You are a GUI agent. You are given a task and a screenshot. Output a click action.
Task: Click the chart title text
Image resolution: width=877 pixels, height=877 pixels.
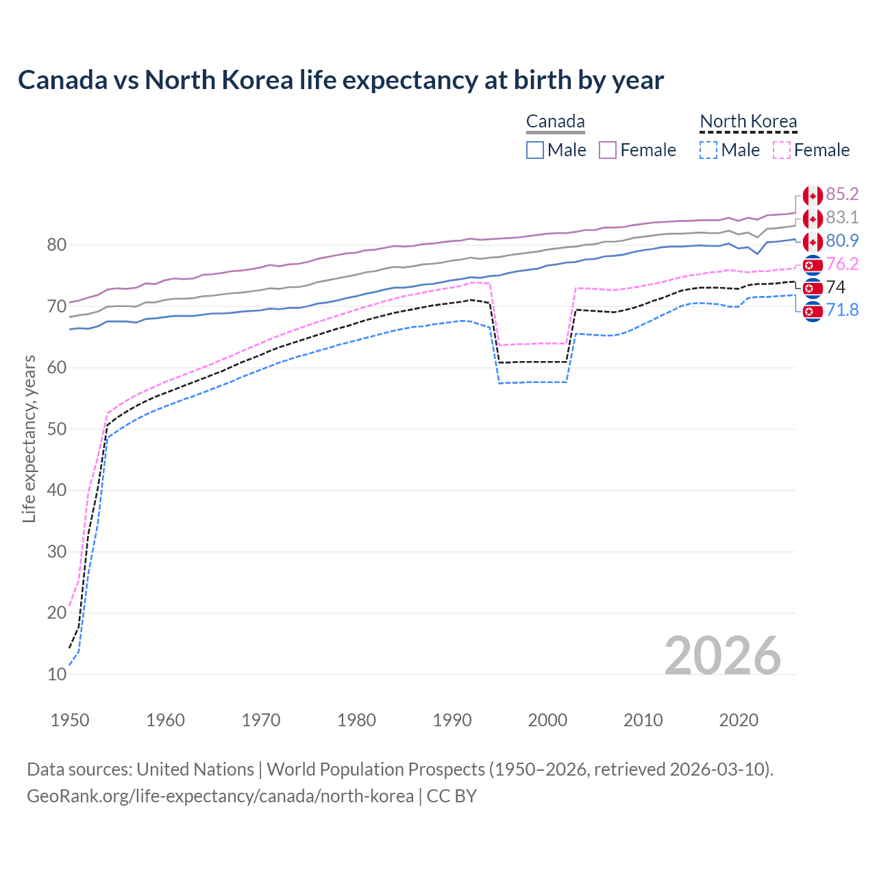(x=341, y=80)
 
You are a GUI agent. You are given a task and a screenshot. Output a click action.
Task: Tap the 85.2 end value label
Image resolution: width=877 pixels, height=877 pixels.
(x=842, y=195)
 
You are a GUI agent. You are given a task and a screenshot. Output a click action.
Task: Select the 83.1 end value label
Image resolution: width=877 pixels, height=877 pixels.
(x=842, y=218)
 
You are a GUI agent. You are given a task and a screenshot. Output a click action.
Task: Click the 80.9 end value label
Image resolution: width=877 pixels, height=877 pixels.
(x=842, y=241)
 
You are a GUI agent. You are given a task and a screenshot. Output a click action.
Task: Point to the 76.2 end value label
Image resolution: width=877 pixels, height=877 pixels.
(x=842, y=264)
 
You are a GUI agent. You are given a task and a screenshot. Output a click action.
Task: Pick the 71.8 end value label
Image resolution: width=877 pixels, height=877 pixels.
(x=842, y=310)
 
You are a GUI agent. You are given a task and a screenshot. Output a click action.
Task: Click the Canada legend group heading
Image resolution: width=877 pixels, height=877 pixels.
(x=555, y=122)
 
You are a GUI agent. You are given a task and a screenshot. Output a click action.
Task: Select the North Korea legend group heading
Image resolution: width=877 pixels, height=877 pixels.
(x=748, y=122)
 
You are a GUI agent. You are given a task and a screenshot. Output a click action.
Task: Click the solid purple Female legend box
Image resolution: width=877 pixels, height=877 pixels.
(x=608, y=150)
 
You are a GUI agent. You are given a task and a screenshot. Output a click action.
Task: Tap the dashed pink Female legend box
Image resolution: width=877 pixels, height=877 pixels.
(x=782, y=150)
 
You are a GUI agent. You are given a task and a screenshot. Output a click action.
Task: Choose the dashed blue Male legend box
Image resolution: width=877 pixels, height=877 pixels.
(x=708, y=150)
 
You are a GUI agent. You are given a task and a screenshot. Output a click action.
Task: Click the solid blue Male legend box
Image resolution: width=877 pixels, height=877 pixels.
(x=535, y=150)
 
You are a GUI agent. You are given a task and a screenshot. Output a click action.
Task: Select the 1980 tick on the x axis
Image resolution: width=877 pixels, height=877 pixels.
(x=356, y=720)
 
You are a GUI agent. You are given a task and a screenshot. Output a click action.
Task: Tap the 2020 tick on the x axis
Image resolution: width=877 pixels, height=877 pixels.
(x=739, y=720)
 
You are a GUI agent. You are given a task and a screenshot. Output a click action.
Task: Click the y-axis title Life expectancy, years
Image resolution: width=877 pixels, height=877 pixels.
(x=29, y=438)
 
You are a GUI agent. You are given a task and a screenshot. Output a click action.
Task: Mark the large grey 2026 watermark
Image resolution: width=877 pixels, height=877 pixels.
(x=722, y=656)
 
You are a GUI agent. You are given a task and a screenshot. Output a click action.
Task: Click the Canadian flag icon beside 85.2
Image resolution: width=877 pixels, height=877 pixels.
(x=813, y=195)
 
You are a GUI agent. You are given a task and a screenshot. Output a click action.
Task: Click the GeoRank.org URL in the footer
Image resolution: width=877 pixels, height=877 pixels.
(x=220, y=796)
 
